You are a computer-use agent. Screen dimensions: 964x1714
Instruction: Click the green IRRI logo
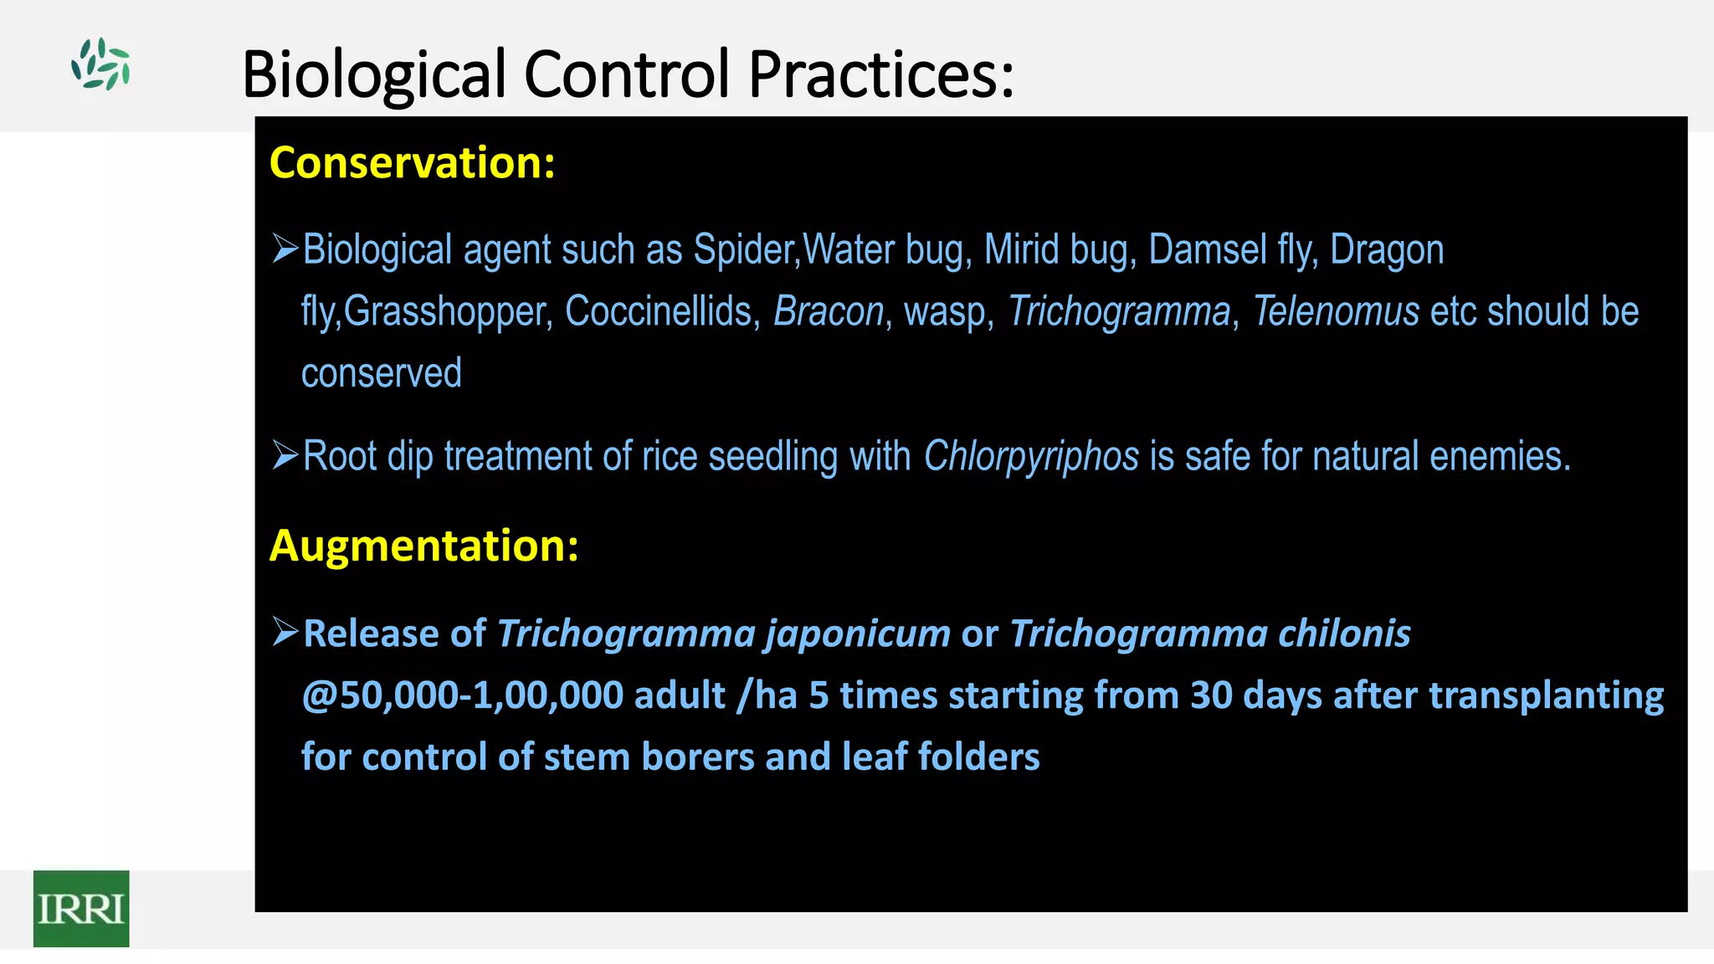tap(81, 908)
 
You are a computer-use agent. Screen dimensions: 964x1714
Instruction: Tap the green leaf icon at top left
tap(100, 64)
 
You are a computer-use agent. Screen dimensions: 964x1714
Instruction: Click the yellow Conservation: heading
tap(412, 162)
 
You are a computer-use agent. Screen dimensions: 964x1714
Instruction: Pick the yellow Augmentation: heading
tap(423, 546)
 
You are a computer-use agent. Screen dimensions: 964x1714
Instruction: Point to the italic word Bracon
tap(828, 311)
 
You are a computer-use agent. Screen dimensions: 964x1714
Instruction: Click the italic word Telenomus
tap(1336, 311)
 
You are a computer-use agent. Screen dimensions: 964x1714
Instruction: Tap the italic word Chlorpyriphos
tap(1031, 457)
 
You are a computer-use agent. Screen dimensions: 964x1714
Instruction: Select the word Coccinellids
tap(662, 311)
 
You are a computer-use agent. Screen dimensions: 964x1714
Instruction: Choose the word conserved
tap(381, 373)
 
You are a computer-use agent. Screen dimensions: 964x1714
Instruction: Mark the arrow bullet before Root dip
tap(285, 456)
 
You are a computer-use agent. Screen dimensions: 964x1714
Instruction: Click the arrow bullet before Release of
tap(285, 633)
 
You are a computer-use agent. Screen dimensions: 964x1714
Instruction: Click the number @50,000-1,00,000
tap(462, 695)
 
